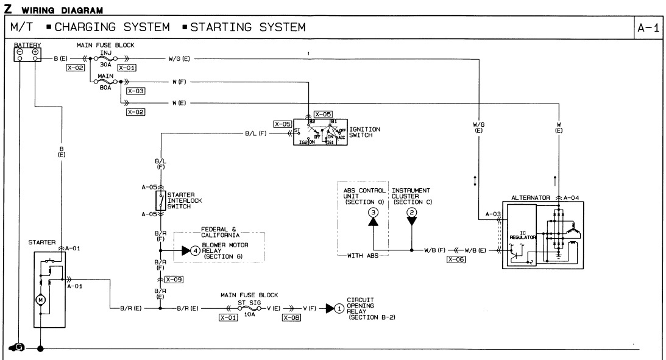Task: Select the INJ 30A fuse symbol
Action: [x=105, y=58]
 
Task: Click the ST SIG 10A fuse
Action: [x=248, y=308]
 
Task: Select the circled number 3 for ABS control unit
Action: [x=374, y=211]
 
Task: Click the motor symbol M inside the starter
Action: [x=40, y=300]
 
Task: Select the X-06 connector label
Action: [x=455, y=259]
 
